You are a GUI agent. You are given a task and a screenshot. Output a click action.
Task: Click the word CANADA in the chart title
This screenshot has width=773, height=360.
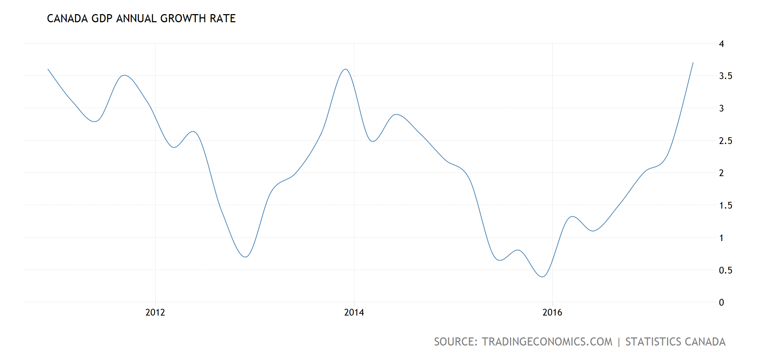click(x=67, y=18)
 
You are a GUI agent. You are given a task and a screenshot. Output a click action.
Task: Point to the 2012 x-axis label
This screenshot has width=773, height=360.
click(x=155, y=312)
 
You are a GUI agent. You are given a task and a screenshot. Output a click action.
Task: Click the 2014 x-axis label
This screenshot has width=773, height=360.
click(x=354, y=312)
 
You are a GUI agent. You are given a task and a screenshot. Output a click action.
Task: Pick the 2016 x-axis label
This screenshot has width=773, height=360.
click(x=552, y=312)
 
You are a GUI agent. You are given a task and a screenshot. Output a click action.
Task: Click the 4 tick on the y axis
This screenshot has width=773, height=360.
click(x=721, y=44)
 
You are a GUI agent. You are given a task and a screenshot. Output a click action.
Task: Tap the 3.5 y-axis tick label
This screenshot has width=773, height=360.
click(x=725, y=76)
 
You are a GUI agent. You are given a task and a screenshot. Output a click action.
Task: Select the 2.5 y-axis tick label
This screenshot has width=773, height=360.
click(x=725, y=141)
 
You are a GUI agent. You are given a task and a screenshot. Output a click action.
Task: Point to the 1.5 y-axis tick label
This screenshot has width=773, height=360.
click(x=725, y=205)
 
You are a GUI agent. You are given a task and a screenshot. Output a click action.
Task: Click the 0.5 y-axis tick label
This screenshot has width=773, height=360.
click(x=725, y=270)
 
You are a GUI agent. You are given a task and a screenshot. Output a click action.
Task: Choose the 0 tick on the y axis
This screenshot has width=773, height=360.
click(x=721, y=302)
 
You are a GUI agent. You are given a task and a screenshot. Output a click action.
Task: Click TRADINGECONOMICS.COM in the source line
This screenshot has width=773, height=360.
click(x=547, y=342)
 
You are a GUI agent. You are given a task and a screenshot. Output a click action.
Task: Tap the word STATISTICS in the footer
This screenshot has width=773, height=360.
click(x=653, y=342)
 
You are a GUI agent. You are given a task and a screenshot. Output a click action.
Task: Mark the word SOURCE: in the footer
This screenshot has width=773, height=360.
click(x=456, y=342)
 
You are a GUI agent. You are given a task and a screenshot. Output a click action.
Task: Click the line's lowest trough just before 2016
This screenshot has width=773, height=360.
click(x=542, y=277)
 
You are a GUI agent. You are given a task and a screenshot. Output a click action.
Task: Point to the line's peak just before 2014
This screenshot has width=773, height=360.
click(x=346, y=69)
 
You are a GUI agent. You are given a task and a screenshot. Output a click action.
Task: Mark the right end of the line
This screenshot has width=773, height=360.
click(x=693, y=63)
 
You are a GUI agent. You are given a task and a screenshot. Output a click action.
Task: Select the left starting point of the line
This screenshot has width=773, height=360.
click(x=48, y=69)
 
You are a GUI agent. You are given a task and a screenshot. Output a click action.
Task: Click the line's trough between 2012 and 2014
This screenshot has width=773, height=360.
click(x=246, y=257)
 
